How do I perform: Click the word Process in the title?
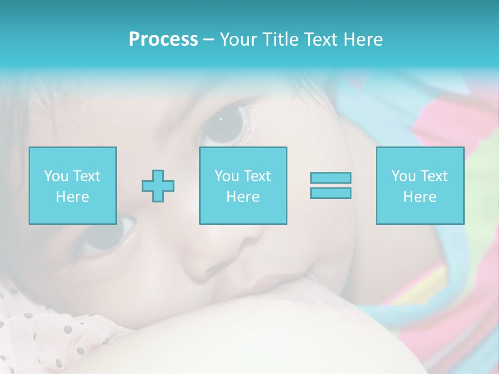pos(163,39)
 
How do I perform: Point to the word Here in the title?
pos(364,39)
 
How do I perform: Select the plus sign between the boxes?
pos(158,185)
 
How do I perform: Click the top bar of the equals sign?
pos(331,178)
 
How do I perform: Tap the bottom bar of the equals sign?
pos(331,193)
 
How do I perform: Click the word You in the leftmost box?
pos(56,176)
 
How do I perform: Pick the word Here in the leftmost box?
pos(72,197)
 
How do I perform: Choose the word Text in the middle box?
pos(257,176)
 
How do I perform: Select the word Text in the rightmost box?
pos(434,176)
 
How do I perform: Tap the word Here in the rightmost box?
pos(419,197)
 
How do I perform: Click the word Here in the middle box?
pos(243,197)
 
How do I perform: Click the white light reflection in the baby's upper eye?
pos(221,119)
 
